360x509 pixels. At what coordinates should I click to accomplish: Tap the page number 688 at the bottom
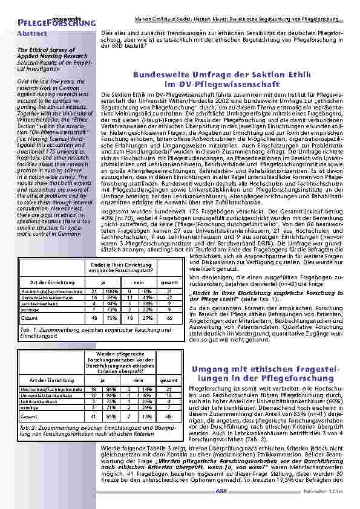[221, 491]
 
